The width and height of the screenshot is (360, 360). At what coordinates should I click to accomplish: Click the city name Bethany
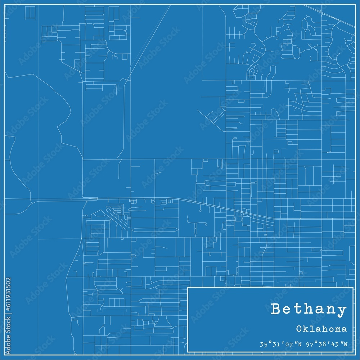tap(309, 309)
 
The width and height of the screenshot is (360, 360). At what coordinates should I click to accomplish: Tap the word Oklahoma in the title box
tap(323, 329)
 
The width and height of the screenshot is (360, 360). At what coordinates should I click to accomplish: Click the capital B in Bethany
tap(276, 309)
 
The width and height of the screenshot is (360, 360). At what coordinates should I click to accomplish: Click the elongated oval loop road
tap(155, 230)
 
